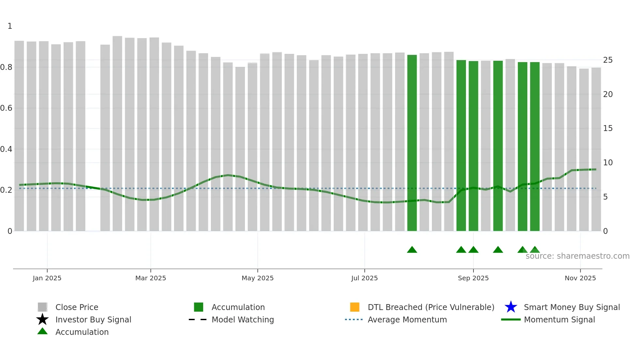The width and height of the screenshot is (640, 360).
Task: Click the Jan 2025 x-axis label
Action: point(47,278)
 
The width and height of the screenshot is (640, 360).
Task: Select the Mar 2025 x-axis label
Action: point(151,278)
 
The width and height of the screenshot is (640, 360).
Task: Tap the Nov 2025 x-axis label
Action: point(580,278)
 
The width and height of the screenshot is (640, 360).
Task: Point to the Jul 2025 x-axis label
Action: point(364,278)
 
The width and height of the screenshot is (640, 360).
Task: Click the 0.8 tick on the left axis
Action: point(6,67)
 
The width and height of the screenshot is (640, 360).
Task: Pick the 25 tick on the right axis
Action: point(608,60)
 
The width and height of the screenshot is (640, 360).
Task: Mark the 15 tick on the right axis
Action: point(608,128)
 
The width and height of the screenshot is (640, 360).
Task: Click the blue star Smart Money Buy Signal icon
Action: point(511,307)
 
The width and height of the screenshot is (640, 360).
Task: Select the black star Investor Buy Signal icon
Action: point(42,319)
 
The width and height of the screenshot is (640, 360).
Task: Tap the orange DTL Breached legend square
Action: point(355,307)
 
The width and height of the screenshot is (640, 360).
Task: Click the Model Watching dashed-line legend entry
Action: point(243,319)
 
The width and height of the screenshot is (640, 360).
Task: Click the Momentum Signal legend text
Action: point(559,319)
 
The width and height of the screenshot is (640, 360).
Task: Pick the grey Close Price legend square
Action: point(42,307)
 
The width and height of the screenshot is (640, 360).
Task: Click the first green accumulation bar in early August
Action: point(412,144)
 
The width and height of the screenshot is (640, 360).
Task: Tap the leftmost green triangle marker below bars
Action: point(412,250)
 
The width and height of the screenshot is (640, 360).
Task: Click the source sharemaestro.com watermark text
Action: point(577,256)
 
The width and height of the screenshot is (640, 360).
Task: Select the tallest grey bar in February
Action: point(117,134)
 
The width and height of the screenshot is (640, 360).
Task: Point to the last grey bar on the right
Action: point(596,150)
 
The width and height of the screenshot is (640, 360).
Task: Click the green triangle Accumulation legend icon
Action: point(42,332)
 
